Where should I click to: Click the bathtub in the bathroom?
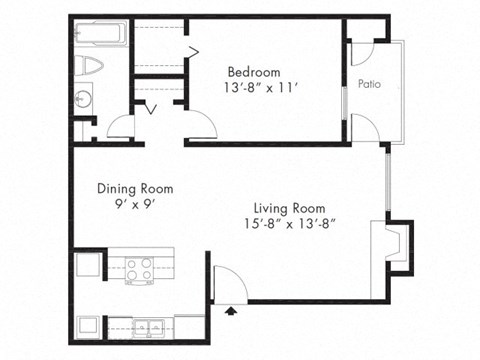[x=100, y=35]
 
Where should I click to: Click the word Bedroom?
[x=254, y=72]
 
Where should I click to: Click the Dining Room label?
[x=135, y=188]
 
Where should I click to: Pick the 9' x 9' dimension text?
[x=135, y=204]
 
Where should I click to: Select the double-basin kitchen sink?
[x=145, y=325]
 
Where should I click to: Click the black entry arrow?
[x=233, y=312]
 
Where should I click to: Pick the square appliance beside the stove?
[x=86, y=267]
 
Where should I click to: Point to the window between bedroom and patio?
[x=345, y=96]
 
